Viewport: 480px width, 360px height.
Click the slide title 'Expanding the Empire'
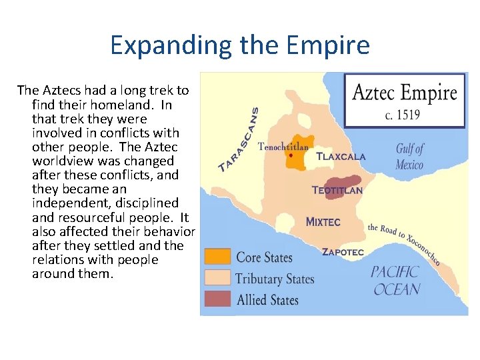[x=239, y=45]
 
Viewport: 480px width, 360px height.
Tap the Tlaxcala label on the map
[x=341, y=157]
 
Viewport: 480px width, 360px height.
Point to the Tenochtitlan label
[x=283, y=146]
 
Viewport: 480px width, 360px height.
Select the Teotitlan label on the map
[x=337, y=190]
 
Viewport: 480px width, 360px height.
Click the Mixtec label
[x=323, y=221]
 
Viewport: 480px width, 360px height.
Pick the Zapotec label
[x=343, y=252]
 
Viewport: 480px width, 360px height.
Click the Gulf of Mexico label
[x=409, y=156]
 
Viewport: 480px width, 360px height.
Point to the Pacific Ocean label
[x=396, y=280]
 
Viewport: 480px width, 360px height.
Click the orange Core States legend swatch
[x=217, y=257]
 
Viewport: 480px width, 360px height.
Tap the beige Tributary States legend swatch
[x=217, y=277]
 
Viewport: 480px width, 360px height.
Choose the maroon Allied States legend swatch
[x=217, y=299]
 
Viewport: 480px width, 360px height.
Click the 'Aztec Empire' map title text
[x=405, y=92]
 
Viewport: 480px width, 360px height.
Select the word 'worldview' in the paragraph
[x=60, y=161]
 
